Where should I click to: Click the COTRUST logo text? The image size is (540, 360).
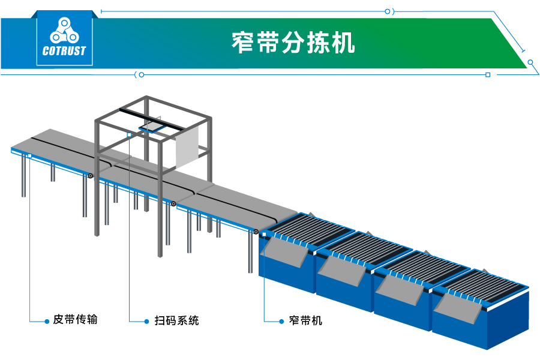(x=64, y=51)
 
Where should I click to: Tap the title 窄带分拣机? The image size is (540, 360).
(x=293, y=43)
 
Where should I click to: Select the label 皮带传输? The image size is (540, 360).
(x=75, y=320)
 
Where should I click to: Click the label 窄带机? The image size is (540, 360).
(x=305, y=320)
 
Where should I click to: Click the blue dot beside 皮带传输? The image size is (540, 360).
(x=47, y=321)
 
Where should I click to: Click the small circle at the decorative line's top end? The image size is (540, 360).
(x=388, y=11)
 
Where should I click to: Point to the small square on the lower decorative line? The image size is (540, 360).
(x=488, y=75)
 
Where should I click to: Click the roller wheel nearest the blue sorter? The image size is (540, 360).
(x=256, y=232)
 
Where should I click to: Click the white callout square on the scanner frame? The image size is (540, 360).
(x=130, y=135)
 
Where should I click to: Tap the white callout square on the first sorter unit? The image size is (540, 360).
(x=264, y=233)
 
